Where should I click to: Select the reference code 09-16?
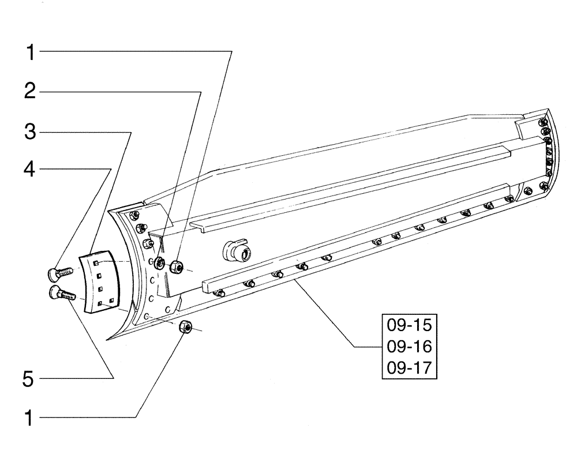(408, 347)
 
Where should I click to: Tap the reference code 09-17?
(408, 367)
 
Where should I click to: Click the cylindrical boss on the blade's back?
(238, 251)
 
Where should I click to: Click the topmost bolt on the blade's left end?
(135, 216)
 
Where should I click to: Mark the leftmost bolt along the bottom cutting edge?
(218, 294)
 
